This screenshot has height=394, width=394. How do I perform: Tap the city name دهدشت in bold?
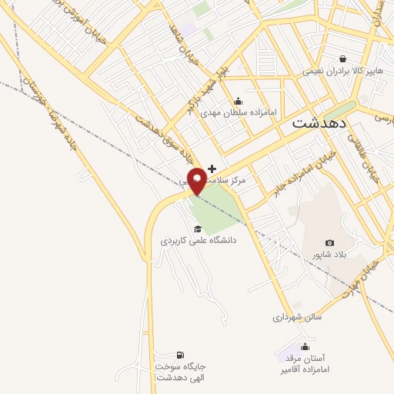(319, 122)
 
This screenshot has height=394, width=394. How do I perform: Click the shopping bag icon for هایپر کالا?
(342, 58)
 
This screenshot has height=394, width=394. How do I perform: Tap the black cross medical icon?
(212, 168)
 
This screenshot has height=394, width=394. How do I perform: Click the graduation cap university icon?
(198, 229)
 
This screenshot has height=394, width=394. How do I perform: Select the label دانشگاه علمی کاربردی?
(198, 241)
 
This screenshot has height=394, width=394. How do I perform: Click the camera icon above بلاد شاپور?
(330, 243)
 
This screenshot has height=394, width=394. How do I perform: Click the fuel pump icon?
(180, 355)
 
